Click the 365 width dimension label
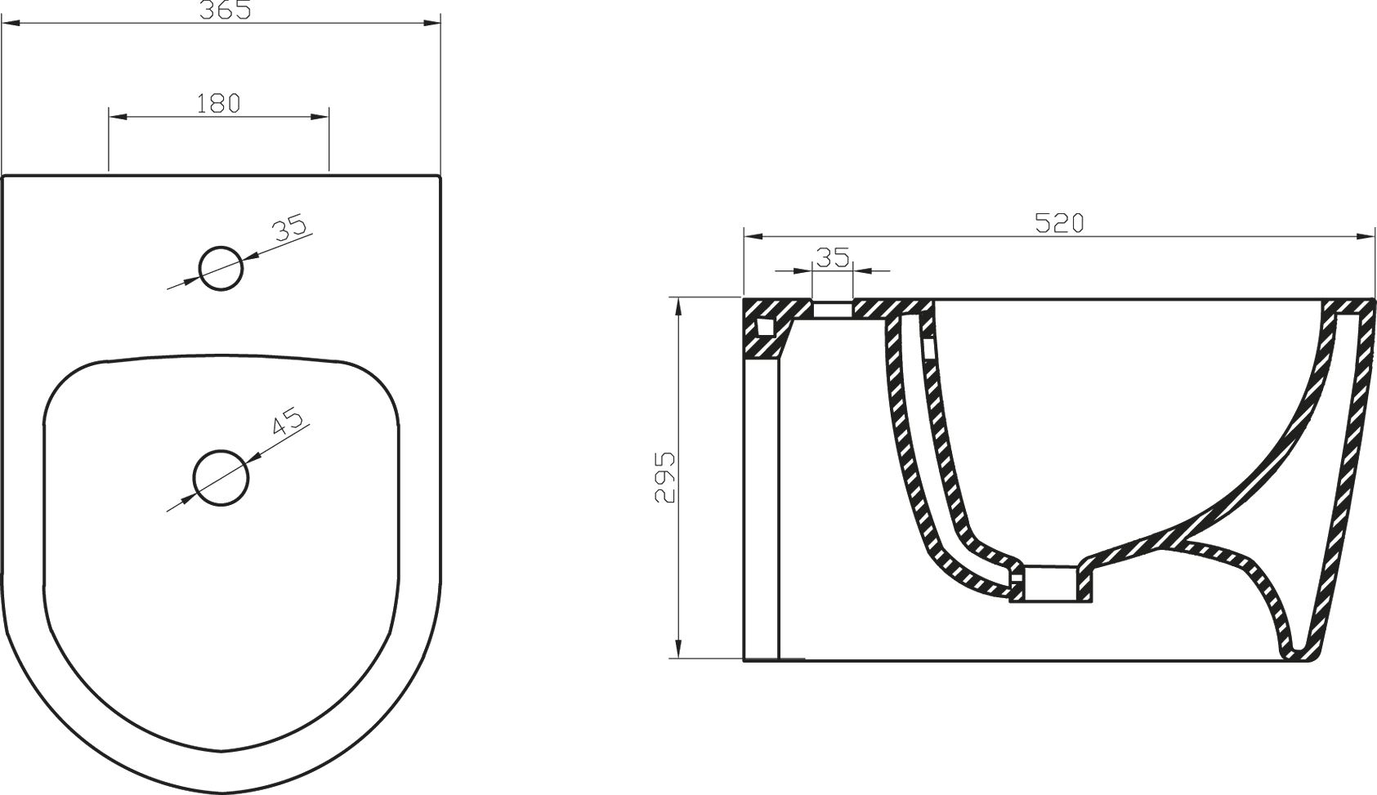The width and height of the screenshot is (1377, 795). pos(220,10)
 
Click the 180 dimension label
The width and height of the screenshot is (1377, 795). pos(219,103)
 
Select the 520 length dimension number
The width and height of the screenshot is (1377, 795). pos(1059,223)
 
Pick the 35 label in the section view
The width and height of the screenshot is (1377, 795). pos(833,258)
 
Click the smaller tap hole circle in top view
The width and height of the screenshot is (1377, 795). pos(221,268)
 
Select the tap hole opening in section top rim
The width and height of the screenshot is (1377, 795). pos(833,308)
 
